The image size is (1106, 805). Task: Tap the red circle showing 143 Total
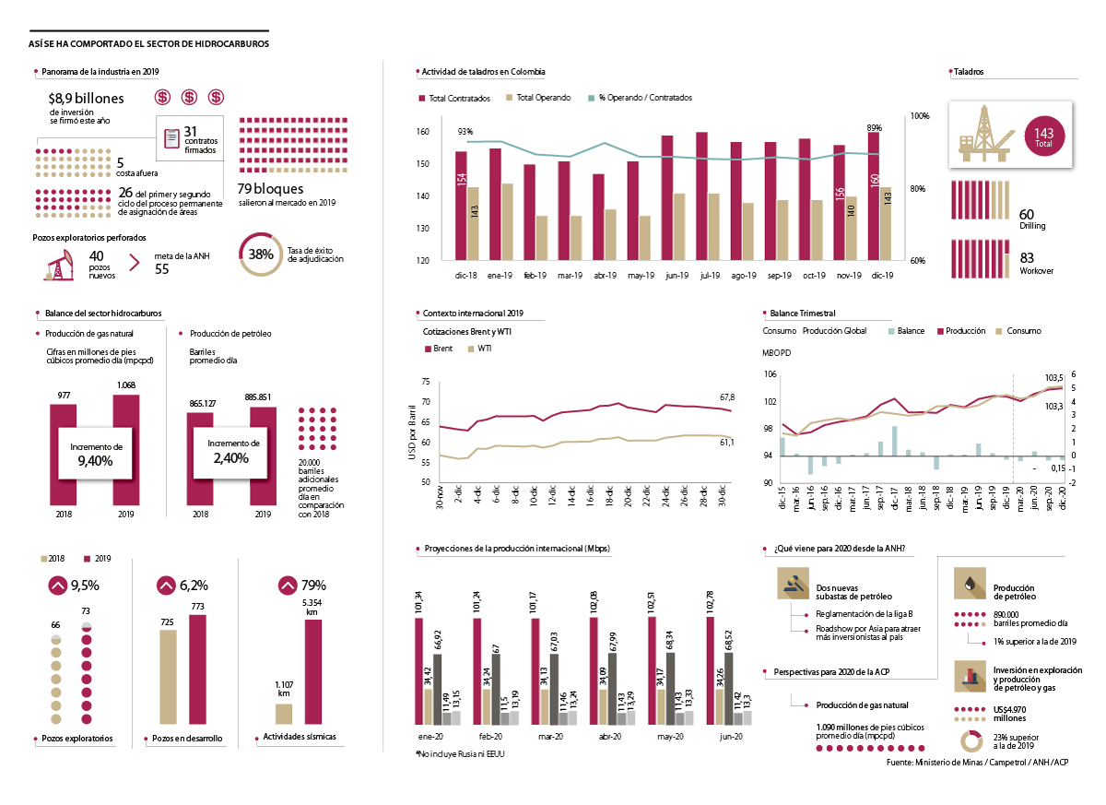click(1044, 135)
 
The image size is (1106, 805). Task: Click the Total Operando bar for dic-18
click(473, 224)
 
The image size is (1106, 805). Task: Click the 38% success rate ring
click(261, 254)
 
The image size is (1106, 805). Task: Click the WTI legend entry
click(480, 349)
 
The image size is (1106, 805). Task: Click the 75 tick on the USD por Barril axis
click(425, 382)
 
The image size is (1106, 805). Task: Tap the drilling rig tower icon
click(983, 133)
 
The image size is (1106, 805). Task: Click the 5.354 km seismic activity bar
click(313, 672)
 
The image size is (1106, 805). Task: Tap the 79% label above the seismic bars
click(313, 585)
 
